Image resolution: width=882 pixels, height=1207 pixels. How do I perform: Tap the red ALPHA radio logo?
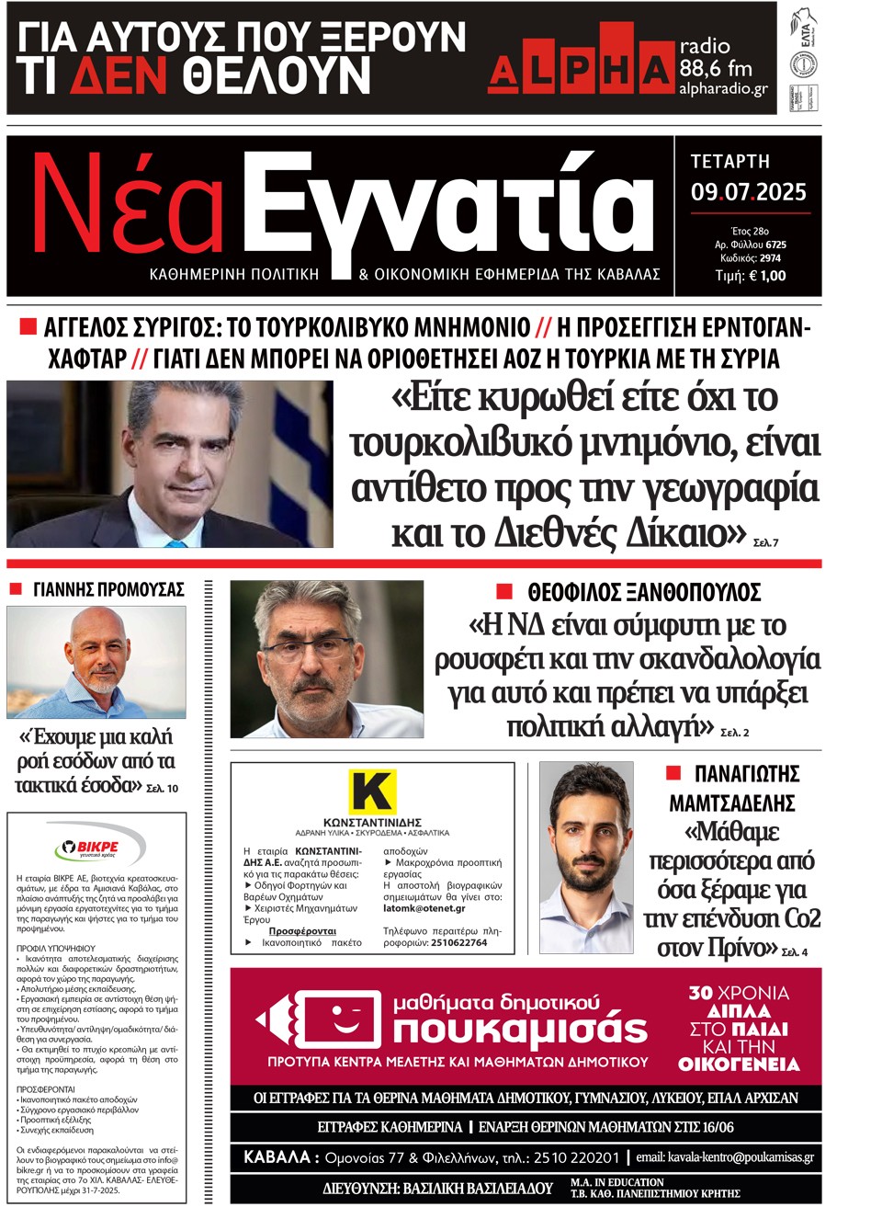[x=580, y=67]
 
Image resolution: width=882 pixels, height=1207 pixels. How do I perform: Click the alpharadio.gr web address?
[x=723, y=89]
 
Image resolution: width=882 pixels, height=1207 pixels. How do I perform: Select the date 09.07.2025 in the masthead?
[x=748, y=192]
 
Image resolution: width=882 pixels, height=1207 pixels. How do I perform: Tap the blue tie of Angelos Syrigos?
[x=175, y=542]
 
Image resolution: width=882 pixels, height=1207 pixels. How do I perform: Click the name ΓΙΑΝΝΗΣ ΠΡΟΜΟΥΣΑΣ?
[x=108, y=589]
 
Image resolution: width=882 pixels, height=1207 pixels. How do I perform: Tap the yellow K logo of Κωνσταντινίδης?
[x=372, y=791]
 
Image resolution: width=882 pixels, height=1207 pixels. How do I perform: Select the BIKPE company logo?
[x=91, y=848]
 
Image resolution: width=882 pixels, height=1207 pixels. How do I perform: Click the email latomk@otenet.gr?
[x=424, y=908]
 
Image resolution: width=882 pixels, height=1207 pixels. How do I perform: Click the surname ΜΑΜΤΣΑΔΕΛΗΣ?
[x=731, y=803]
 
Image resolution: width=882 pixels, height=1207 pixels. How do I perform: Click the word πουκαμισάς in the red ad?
[x=520, y=1030]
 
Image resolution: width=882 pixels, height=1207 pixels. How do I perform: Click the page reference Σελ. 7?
[x=765, y=543]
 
